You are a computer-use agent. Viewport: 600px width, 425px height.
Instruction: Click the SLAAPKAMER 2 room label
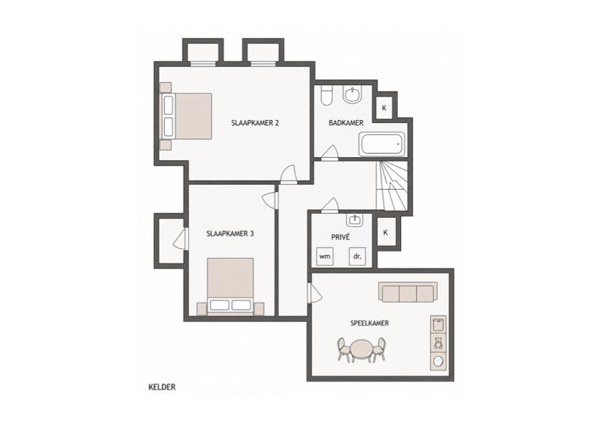[255, 123]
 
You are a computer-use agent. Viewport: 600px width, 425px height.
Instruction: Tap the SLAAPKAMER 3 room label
[230, 234]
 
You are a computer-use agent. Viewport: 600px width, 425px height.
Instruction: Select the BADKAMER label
[346, 123]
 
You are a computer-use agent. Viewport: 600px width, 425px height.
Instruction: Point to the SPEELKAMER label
[370, 323]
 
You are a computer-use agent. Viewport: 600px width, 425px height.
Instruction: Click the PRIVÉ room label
[340, 237]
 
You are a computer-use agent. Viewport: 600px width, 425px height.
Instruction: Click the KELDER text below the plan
[162, 387]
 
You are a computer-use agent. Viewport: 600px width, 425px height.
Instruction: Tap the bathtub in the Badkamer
[382, 144]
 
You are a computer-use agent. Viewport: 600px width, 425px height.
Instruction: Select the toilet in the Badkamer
[327, 96]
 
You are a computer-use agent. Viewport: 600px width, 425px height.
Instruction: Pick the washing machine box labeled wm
[325, 256]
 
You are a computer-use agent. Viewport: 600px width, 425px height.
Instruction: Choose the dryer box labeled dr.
[357, 256]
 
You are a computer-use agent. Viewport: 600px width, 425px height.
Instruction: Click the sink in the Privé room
[355, 219]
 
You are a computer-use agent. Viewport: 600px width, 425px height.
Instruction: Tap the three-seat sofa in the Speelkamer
[408, 292]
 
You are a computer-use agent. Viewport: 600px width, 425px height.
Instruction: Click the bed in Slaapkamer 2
[185, 116]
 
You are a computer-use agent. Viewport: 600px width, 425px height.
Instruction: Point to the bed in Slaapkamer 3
[230, 286]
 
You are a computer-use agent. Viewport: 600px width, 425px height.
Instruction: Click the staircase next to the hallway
[392, 185]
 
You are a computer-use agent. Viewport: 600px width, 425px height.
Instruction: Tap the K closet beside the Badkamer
[384, 108]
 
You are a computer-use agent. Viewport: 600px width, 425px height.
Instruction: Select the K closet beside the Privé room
[386, 232]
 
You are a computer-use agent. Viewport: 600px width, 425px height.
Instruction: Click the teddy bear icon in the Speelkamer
[438, 342]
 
